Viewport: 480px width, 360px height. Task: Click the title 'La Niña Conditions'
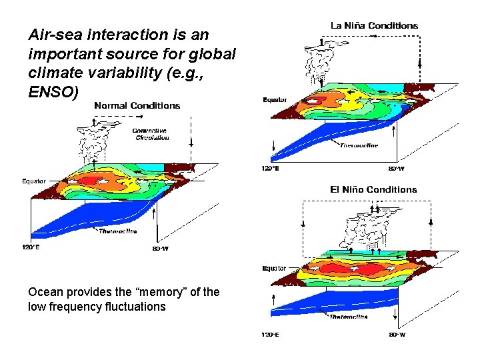(375, 25)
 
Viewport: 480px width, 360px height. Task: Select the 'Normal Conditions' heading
(137, 105)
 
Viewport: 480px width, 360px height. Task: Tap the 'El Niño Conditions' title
(373, 189)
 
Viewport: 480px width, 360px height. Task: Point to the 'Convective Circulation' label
(150, 134)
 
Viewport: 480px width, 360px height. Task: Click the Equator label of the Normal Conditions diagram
(34, 181)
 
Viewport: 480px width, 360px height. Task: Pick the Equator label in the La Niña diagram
(275, 100)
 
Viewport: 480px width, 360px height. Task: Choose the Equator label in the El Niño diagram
(273, 269)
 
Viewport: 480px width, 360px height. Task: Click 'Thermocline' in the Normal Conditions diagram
(118, 231)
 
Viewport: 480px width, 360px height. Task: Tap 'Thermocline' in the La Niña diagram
(359, 145)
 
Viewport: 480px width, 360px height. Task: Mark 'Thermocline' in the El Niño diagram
(348, 317)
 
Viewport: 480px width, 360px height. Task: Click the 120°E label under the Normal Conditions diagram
(32, 247)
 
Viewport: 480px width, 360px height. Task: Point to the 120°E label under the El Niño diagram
(269, 334)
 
